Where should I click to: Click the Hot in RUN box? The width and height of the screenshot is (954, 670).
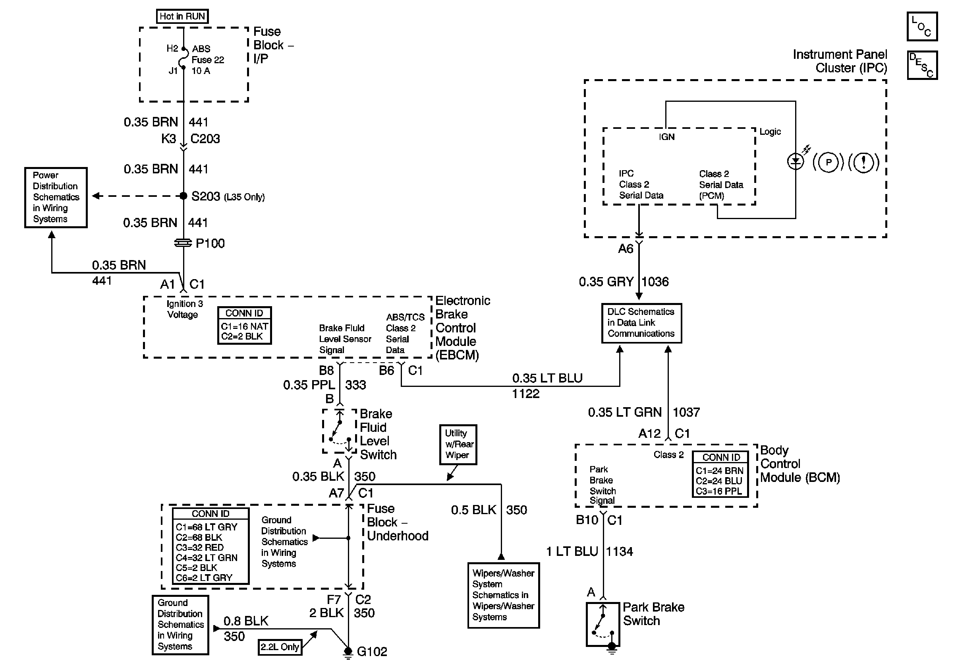click(x=182, y=16)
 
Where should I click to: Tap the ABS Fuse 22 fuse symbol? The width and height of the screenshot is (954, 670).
click(x=183, y=59)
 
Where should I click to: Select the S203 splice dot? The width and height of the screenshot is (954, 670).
click(x=183, y=196)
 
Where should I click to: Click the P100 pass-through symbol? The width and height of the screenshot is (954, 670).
click(x=183, y=243)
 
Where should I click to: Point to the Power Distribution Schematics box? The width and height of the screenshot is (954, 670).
click(x=56, y=198)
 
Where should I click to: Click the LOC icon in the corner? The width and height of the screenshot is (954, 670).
click(x=922, y=26)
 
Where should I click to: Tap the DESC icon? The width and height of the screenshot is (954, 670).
click(x=922, y=65)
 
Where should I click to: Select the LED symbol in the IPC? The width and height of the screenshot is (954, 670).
click(x=796, y=161)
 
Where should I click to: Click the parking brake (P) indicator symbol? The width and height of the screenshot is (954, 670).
click(x=828, y=162)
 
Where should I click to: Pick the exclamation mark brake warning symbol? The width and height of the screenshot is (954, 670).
click(x=864, y=162)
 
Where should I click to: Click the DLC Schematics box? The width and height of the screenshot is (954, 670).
click(x=641, y=323)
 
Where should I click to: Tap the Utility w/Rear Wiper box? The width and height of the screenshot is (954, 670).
click(x=458, y=445)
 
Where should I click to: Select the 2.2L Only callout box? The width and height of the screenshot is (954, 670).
click(x=280, y=647)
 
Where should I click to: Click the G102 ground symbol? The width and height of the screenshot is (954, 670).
click(x=348, y=653)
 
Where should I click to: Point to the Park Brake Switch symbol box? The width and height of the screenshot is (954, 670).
click(x=603, y=624)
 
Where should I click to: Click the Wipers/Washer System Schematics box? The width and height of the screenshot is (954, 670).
click(x=504, y=595)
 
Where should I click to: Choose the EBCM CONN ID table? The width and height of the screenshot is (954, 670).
click(x=244, y=325)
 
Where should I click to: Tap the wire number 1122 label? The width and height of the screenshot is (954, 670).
click(x=525, y=393)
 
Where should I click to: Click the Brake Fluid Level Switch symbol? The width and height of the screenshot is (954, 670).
click(x=340, y=431)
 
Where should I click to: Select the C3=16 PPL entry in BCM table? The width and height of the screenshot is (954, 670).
click(x=719, y=491)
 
